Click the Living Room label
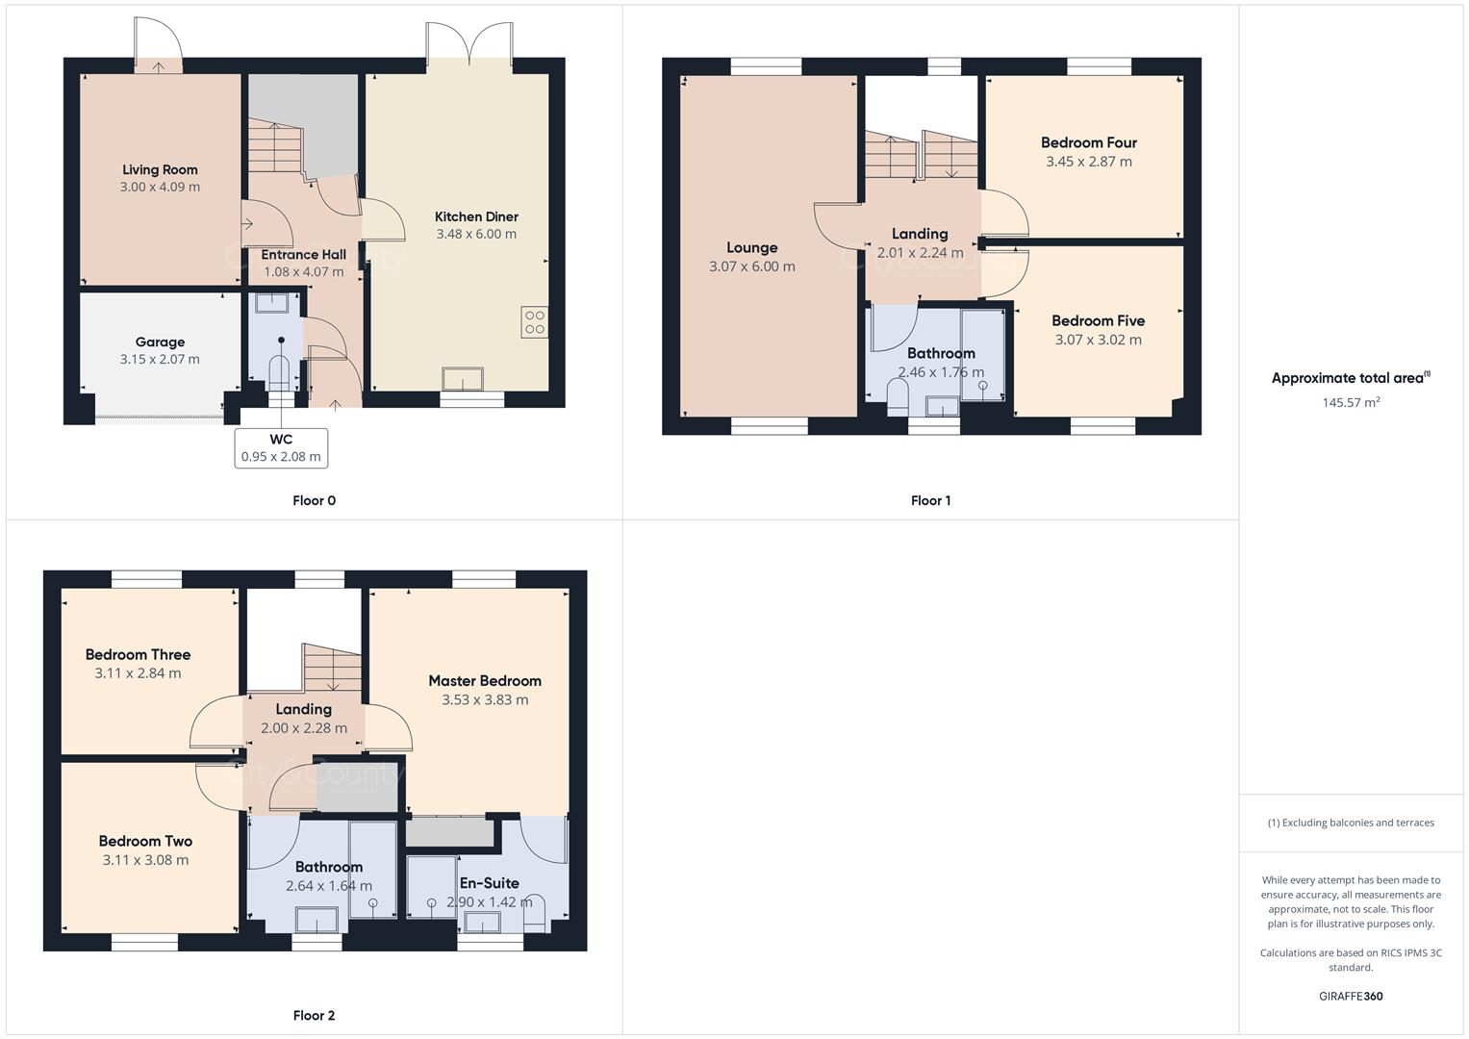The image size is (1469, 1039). point(160,169)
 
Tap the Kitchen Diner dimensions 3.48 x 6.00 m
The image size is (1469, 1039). point(476,234)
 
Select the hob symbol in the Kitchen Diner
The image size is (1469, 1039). point(535,322)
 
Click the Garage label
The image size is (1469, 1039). point(160,342)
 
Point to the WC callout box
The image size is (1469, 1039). point(281,448)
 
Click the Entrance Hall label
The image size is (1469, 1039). point(303,254)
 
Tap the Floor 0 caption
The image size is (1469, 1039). point(314,500)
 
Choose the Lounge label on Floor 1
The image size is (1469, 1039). point(751,247)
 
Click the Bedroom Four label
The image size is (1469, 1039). point(1088,142)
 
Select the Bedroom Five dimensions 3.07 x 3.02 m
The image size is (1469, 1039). point(1098,340)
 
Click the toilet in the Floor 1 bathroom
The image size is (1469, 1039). point(898,394)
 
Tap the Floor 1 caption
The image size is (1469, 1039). point(930,500)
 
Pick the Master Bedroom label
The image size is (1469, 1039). point(485,680)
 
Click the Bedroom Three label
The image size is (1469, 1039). point(138,654)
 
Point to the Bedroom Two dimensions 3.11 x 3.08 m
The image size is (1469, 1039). point(145,860)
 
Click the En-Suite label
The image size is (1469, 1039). point(489,882)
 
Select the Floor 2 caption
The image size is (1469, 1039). point(314,1015)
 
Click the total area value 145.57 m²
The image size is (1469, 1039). point(1351,402)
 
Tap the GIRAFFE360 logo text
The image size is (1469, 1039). point(1351,996)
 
